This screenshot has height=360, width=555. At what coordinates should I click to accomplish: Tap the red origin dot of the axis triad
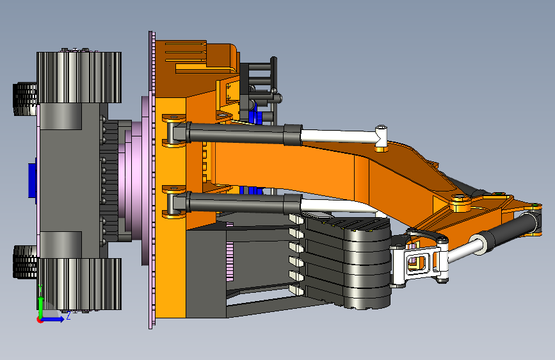[40, 320]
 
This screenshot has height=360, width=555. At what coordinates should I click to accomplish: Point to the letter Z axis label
[68, 315]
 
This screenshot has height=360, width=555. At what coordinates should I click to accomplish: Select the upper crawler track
[79, 78]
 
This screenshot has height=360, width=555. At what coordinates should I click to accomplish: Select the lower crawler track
[79, 284]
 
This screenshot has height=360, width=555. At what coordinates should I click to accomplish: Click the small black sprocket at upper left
[25, 99]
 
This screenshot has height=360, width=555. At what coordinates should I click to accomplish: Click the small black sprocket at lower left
[25, 262]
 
